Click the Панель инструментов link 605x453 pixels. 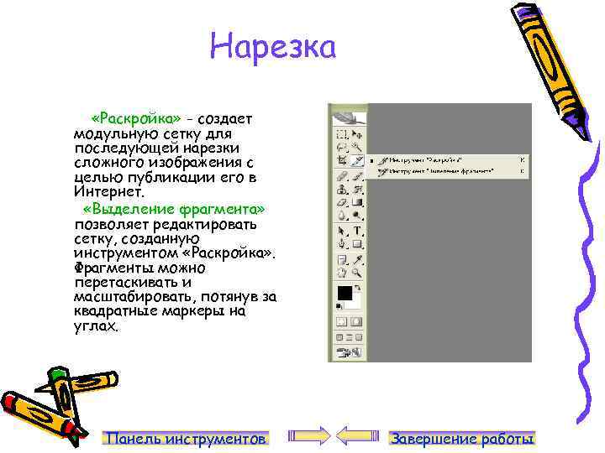[186, 438]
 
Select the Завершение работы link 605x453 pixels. [462, 438]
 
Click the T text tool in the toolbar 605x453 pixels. [357, 231]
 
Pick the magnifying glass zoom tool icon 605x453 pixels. [357, 272]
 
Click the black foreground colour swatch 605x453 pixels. [344, 293]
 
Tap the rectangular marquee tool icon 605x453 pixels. [341, 133]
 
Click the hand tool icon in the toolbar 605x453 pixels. [341, 272]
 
